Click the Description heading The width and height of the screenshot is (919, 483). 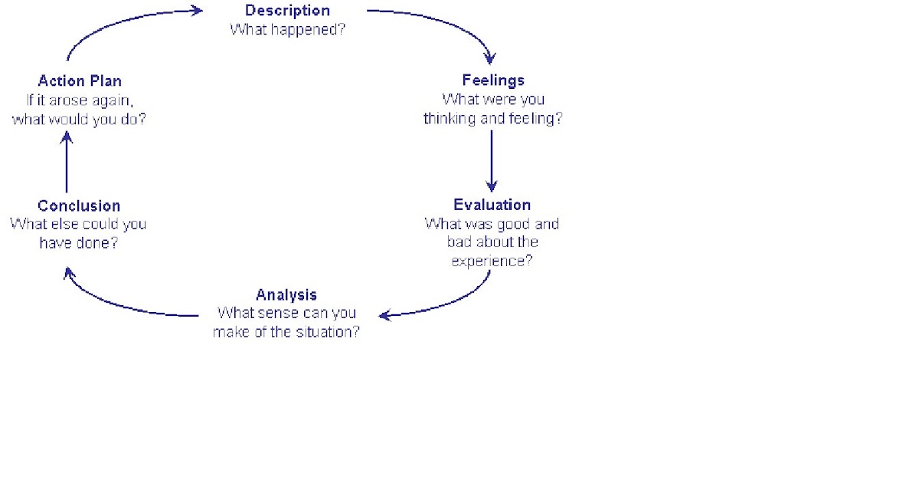point(287,11)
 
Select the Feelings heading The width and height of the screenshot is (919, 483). point(493,80)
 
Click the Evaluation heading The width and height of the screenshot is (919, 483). point(492,205)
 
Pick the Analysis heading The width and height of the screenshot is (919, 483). point(286,295)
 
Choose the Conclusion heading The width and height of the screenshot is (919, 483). point(79,205)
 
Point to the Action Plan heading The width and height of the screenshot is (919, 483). point(79,80)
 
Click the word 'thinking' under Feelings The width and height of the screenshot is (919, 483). point(450,120)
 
